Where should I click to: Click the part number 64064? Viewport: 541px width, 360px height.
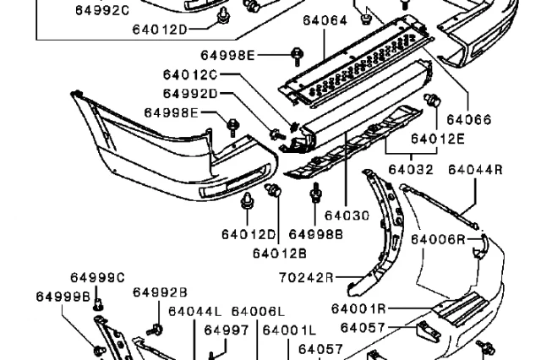[x=325, y=20]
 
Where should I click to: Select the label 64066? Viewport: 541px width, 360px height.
[x=468, y=120]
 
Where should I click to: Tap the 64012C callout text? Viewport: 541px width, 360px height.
[x=190, y=74]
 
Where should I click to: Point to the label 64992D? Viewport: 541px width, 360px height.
[x=190, y=94]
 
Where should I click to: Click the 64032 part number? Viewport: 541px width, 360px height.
[x=411, y=169]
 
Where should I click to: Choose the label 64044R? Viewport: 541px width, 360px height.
[x=475, y=169]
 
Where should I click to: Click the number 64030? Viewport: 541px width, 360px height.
[x=347, y=215]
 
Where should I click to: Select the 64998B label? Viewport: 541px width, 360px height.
[x=315, y=234]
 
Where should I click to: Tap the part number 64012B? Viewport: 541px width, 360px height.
[x=280, y=254]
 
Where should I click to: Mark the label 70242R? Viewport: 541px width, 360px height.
[x=306, y=277]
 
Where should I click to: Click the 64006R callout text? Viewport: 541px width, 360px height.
[x=438, y=239]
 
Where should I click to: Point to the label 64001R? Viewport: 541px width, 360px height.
[x=358, y=308]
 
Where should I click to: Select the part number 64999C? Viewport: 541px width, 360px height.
[x=98, y=277]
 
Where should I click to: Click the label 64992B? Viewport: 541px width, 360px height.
[x=160, y=292]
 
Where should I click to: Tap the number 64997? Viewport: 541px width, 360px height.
[x=227, y=330]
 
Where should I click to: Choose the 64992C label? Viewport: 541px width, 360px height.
[x=102, y=10]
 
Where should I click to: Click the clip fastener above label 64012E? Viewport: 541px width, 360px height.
[x=432, y=100]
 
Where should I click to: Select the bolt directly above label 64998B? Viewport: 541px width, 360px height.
[x=315, y=194]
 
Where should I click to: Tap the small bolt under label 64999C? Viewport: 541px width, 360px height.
[x=99, y=304]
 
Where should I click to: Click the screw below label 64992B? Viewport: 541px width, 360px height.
[x=155, y=330]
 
